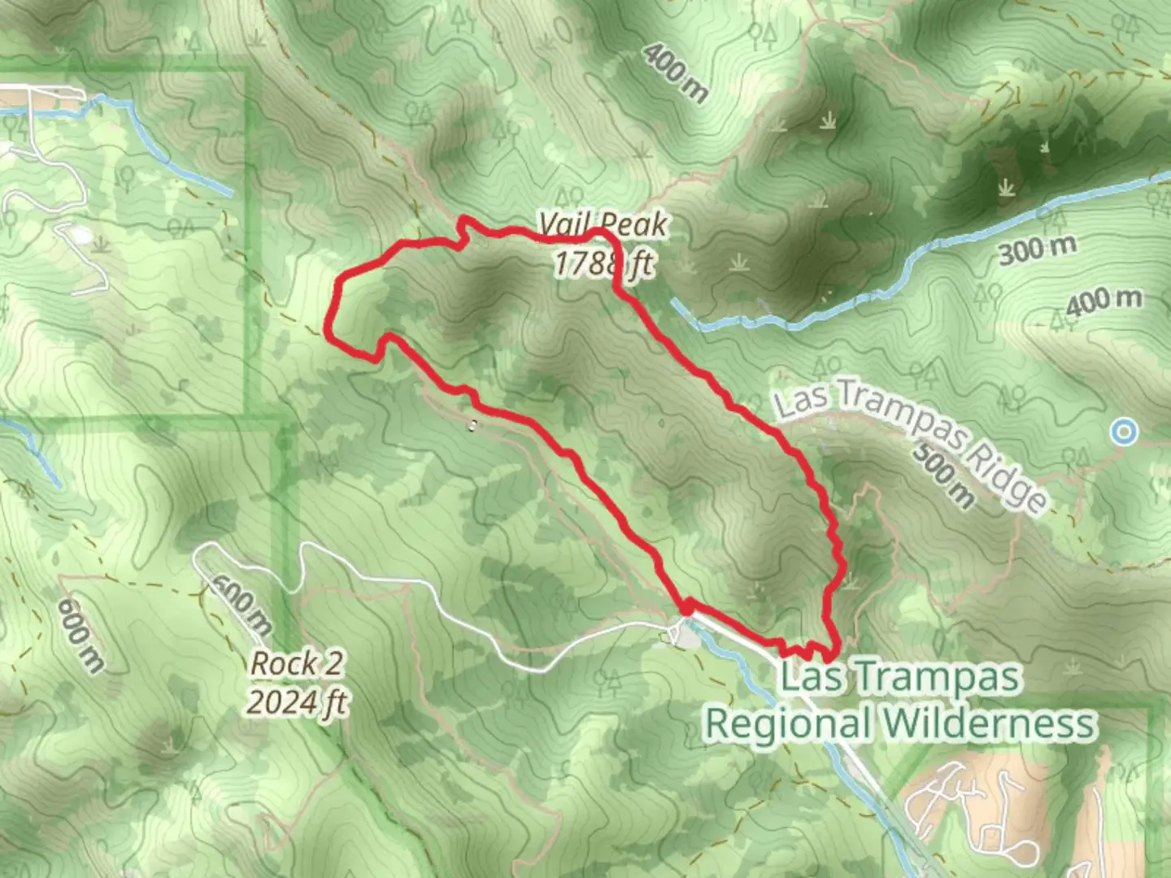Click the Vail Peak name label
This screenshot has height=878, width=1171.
(603, 224)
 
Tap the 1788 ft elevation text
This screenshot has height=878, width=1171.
(603, 263)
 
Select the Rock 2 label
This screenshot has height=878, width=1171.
(296, 663)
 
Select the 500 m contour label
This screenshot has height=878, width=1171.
(942, 476)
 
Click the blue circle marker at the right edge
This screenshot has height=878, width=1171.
(1124, 432)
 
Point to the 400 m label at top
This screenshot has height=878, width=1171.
(675, 73)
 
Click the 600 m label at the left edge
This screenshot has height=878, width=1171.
(80, 635)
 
